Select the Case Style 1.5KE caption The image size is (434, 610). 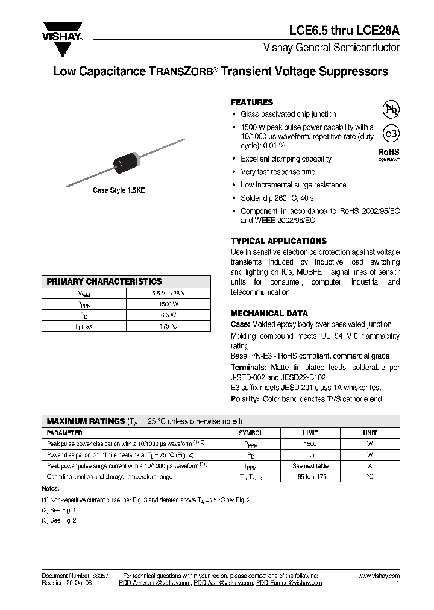coord(119,190)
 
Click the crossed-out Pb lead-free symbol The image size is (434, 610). coord(391,108)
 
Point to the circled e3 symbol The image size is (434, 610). coord(391,133)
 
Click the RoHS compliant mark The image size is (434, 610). coord(389,156)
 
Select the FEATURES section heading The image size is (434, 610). coord(252,102)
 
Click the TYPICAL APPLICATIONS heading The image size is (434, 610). coord(278,241)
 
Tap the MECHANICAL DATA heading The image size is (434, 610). coord(269,313)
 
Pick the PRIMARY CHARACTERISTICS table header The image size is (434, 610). coord(104,281)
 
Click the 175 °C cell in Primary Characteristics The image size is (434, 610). coord(168,326)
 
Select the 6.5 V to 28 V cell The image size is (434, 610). coord(168,293)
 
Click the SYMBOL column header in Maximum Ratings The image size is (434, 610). coord(251,433)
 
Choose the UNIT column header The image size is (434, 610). coord(370,433)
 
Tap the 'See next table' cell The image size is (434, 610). coord(310,466)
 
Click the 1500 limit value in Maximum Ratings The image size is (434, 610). coord(310,444)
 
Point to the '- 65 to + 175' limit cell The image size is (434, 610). coord(310,477)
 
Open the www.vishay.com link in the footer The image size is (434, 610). coord(379,576)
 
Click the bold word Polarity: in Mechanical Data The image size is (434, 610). coord(245,399)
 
